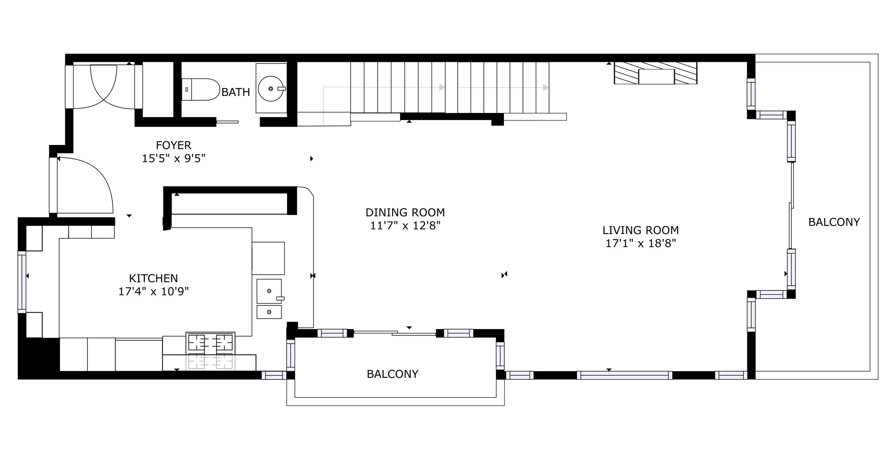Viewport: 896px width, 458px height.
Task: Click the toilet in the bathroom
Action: point(200,89)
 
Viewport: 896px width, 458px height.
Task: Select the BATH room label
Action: point(235,92)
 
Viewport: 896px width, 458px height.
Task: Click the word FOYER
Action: point(173,145)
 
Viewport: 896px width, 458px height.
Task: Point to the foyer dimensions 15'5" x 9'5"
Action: point(174,158)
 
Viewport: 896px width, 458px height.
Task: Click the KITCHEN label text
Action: point(153,278)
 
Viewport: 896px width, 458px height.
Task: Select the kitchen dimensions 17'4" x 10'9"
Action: point(153,291)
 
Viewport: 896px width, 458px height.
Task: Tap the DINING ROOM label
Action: point(405,212)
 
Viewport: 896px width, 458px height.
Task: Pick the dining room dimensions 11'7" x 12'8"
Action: point(405,226)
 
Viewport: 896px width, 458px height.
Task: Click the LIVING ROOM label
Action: point(640,230)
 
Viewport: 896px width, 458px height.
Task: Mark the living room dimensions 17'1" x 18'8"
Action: point(640,243)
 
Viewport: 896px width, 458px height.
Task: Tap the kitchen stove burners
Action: point(210,342)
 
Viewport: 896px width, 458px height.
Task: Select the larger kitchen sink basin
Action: point(269,291)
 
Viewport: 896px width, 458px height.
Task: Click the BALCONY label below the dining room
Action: point(392,374)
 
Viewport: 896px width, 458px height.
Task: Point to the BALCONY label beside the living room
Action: point(834,222)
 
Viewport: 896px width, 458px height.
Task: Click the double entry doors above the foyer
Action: point(104,86)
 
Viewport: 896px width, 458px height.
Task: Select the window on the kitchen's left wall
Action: point(22,282)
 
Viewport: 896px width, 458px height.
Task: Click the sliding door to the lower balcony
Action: point(395,333)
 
